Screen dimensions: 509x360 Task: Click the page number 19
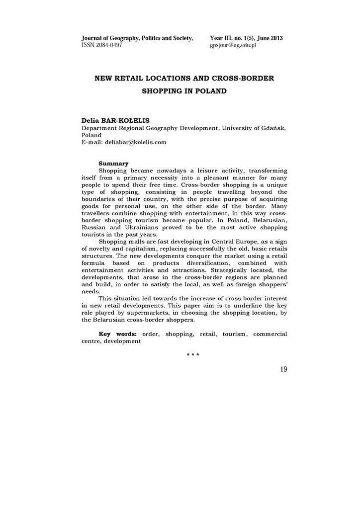[283, 369]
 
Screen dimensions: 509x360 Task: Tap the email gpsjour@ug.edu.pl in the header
[233, 45]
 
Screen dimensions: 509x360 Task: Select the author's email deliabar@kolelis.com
[134, 142]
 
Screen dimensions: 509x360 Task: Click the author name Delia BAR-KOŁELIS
[115, 121]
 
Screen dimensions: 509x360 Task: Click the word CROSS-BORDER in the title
[243, 79]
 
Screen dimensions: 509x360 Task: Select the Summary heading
[113, 164]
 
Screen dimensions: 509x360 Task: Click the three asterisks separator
[193, 354]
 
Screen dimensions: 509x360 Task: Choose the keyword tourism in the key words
[234, 334]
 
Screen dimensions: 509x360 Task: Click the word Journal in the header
[92, 38]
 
